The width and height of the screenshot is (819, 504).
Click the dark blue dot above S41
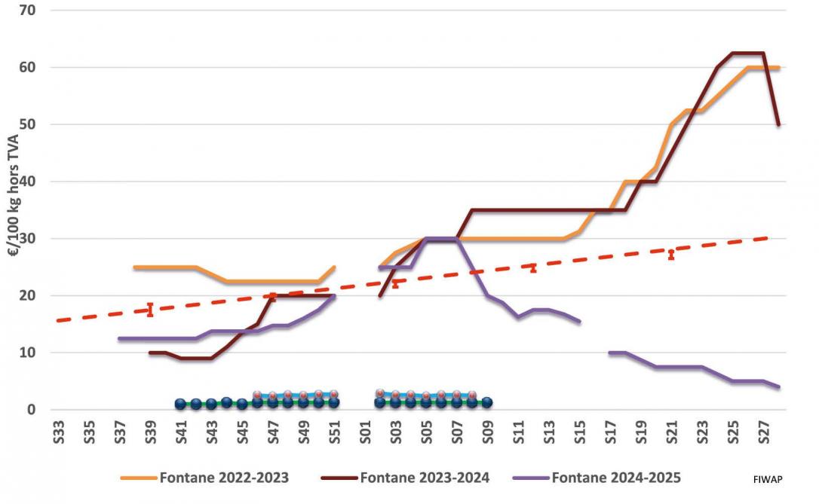point(180,404)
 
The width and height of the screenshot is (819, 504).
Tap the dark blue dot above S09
point(487,402)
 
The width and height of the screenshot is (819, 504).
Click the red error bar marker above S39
point(150,310)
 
